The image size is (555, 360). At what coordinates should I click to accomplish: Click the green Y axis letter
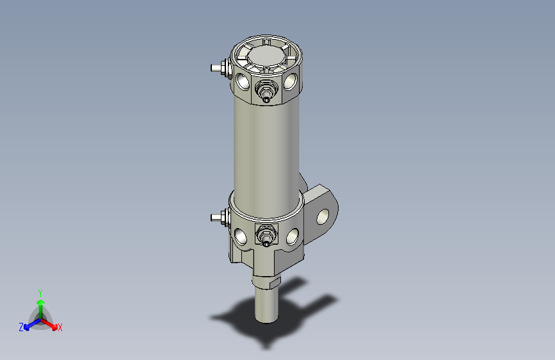pyautogui.click(x=40, y=292)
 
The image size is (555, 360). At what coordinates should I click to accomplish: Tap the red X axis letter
pyautogui.click(x=60, y=328)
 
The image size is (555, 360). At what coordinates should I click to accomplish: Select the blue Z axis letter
pyautogui.click(x=21, y=327)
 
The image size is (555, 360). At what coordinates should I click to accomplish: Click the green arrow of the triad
pyautogui.click(x=40, y=304)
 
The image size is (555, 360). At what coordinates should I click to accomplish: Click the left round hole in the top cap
pyautogui.click(x=243, y=81)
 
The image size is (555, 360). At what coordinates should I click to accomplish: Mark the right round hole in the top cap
pyautogui.click(x=291, y=81)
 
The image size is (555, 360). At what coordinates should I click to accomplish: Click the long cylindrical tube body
pyautogui.click(x=266, y=147)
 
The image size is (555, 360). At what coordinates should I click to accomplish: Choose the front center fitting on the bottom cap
pyautogui.click(x=265, y=236)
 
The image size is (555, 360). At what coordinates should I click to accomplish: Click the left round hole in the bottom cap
pyautogui.click(x=241, y=236)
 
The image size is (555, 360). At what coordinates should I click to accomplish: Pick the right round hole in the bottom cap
pyautogui.click(x=293, y=236)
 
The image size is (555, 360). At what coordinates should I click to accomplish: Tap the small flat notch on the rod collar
pyautogui.click(x=275, y=282)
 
